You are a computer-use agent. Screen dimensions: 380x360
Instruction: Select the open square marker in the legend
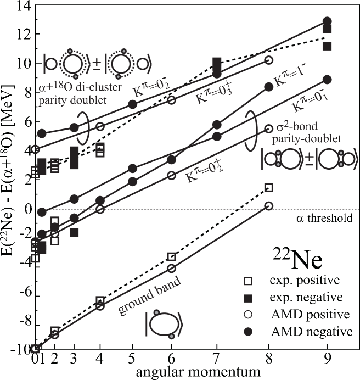click(248, 281)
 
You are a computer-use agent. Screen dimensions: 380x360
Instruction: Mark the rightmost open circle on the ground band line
click(268, 205)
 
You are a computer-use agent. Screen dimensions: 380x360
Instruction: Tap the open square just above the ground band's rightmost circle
click(268, 188)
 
